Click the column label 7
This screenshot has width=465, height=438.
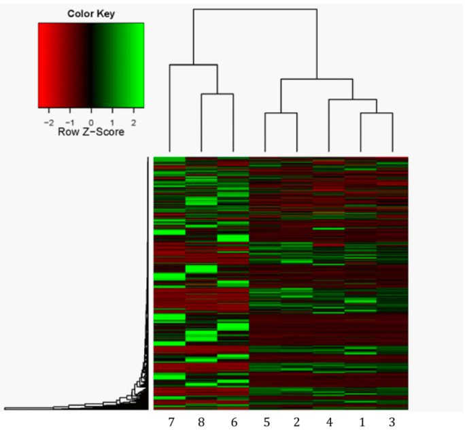click(170, 422)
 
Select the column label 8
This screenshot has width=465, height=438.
click(202, 422)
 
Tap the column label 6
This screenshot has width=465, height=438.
click(233, 422)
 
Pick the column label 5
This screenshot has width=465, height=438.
click(265, 422)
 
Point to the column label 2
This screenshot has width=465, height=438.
click(297, 422)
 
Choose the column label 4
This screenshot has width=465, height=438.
click(329, 422)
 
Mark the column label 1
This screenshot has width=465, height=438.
click(360, 422)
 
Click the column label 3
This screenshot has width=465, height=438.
click(392, 422)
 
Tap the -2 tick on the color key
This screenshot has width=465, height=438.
click(48, 121)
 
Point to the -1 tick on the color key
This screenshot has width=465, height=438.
click(69, 121)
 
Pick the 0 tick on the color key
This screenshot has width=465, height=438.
click(91, 121)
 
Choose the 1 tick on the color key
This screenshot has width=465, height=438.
click(112, 121)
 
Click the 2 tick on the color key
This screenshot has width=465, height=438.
click(133, 121)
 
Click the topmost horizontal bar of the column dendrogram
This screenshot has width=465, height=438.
click(255, 9)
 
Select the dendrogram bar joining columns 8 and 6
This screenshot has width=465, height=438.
click(218, 94)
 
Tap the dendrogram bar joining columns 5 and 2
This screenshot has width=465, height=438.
click(281, 113)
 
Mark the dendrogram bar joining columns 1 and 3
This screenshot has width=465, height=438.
click(376, 113)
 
